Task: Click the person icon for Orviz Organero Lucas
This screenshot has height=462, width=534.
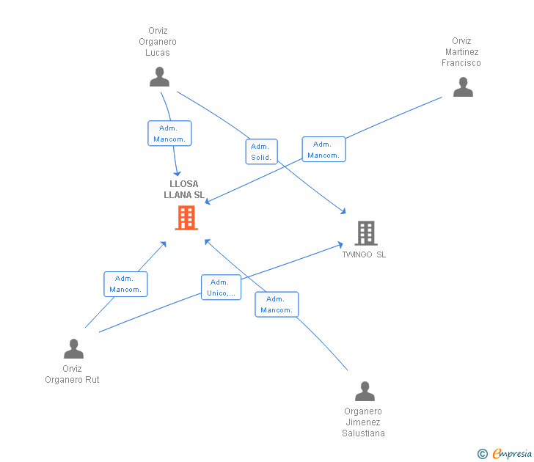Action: (x=159, y=76)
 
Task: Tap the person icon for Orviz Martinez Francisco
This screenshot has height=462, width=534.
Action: (x=463, y=87)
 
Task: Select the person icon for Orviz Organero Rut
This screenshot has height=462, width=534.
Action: (x=73, y=348)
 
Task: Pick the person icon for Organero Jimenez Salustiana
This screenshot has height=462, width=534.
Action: (x=365, y=391)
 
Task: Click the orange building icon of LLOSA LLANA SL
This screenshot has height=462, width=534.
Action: (x=186, y=218)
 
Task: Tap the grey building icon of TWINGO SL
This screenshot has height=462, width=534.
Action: (x=366, y=233)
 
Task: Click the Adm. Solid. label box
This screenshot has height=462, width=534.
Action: (x=262, y=152)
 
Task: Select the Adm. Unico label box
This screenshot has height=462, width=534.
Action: (x=221, y=287)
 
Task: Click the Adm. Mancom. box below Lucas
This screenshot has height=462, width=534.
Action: (x=169, y=133)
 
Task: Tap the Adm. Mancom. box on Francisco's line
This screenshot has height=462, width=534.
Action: (x=324, y=150)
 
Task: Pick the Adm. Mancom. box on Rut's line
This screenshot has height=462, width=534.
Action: (x=125, y=284)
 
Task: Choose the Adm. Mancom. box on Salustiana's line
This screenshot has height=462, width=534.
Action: (x=277, y=304)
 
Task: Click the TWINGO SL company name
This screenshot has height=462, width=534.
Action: (x=364, y=254)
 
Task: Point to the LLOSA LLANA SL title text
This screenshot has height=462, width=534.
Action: (x=184, y=189)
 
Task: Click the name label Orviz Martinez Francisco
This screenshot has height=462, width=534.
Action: (x=461, y=52)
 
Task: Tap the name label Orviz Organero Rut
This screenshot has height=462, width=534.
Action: (x=72, y=374)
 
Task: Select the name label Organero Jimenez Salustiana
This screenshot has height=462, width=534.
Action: (x=363, y=422)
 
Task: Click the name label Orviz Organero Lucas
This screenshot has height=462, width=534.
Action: (x=158, y=42)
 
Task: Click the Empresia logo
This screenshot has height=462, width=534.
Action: (x=512, y=453)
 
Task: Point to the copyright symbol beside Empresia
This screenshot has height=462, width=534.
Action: (x=483, y=454)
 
